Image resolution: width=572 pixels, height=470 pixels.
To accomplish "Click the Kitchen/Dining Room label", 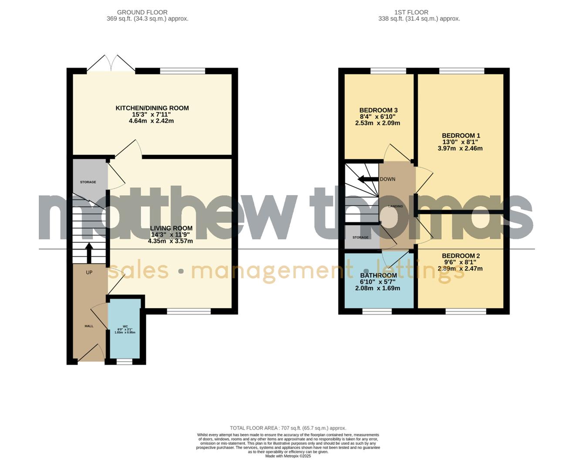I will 152,108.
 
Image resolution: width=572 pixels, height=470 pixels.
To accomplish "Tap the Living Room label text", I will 171,228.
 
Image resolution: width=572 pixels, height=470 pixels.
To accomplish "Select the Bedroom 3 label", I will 378,111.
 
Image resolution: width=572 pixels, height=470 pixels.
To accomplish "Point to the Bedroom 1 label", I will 460,136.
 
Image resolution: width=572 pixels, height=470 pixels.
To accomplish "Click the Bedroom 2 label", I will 460,256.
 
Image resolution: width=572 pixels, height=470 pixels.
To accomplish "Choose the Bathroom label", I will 378,275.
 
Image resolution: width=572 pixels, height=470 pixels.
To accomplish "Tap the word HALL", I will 89,326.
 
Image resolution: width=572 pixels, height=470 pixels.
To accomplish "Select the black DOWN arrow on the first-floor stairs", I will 367,179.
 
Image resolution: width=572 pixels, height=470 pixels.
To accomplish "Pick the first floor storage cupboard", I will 361,237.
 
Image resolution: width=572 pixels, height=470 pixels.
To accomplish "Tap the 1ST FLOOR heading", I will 411,12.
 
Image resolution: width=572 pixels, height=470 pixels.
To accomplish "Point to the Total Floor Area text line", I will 288,428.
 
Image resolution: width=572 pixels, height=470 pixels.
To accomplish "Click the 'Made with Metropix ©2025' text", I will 288,456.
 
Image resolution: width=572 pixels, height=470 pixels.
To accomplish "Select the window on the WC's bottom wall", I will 125,361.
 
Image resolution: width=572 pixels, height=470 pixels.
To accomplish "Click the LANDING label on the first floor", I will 396,206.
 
